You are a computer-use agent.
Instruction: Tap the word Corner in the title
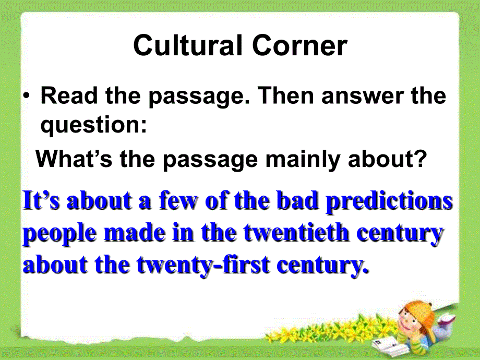tap(299, 46)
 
